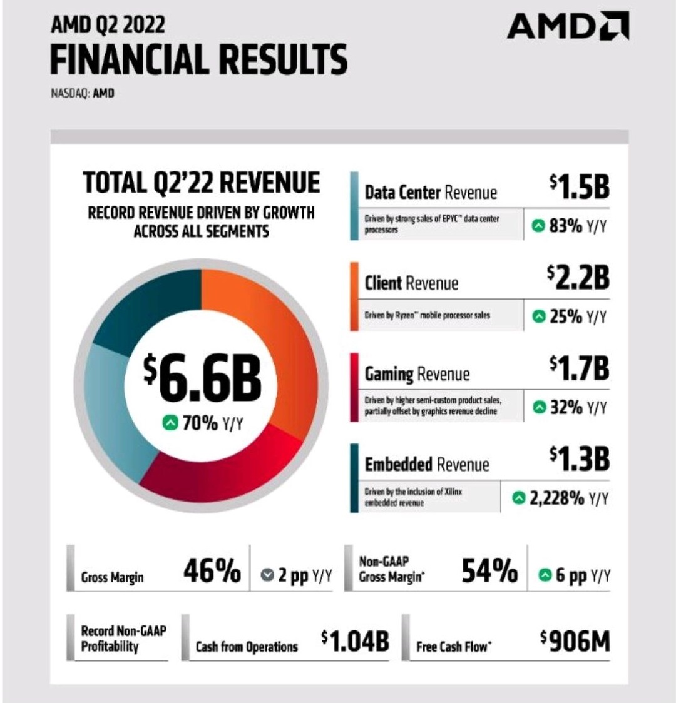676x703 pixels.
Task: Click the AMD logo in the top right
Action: (568, 28)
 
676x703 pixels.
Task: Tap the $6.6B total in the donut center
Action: (202, 379)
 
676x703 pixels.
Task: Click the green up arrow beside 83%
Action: (538, 226)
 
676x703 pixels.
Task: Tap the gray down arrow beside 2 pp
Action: (267, 575)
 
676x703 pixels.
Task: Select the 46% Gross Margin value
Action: (212, 571)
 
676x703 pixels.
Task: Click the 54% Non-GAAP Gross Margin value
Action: (489, 571)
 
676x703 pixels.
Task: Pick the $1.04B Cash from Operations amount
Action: (355, 641)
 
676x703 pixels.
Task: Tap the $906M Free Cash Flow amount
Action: (574, 641)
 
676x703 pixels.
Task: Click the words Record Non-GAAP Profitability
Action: (123, 638)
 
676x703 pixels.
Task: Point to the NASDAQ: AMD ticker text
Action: (82, 94)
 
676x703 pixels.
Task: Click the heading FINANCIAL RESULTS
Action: (198, 59)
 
